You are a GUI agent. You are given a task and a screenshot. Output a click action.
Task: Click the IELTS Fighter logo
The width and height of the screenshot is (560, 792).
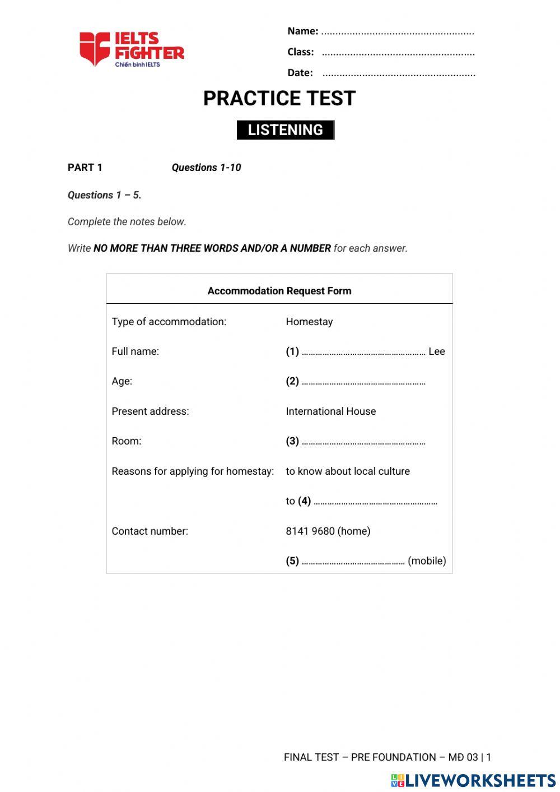coord(132,49)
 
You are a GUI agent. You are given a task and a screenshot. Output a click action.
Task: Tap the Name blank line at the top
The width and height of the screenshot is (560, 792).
coord(398,32)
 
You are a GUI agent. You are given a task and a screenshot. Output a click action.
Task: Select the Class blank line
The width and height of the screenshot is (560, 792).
coord(398,53)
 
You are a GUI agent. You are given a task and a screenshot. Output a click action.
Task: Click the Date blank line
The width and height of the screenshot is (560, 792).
coord(399,73)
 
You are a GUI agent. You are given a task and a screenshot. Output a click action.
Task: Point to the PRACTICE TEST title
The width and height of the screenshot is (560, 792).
coord(279,99)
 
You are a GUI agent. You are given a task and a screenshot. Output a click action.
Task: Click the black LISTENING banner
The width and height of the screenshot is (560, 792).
coord(285,130)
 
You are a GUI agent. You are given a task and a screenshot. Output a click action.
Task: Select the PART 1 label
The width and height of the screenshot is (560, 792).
coord(85,168)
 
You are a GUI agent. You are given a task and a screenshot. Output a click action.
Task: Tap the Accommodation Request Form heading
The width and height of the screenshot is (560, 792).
coord(279,291)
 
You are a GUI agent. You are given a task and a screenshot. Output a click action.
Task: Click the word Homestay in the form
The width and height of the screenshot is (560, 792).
coord(309,322)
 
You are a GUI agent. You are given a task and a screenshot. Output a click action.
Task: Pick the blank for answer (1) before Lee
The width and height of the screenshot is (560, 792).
coord(363,353)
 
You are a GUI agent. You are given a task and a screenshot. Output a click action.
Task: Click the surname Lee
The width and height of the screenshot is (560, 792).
coord(437,351)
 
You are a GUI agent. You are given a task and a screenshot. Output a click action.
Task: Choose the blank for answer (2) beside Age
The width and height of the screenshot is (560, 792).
coord(363,383)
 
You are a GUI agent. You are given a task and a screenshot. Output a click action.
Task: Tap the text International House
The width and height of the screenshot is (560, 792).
coord(330,411)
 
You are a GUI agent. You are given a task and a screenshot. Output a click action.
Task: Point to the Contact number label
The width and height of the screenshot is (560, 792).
coord(150,531)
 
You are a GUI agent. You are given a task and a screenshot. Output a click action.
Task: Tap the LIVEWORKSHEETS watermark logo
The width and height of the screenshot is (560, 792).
coord(473,780)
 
